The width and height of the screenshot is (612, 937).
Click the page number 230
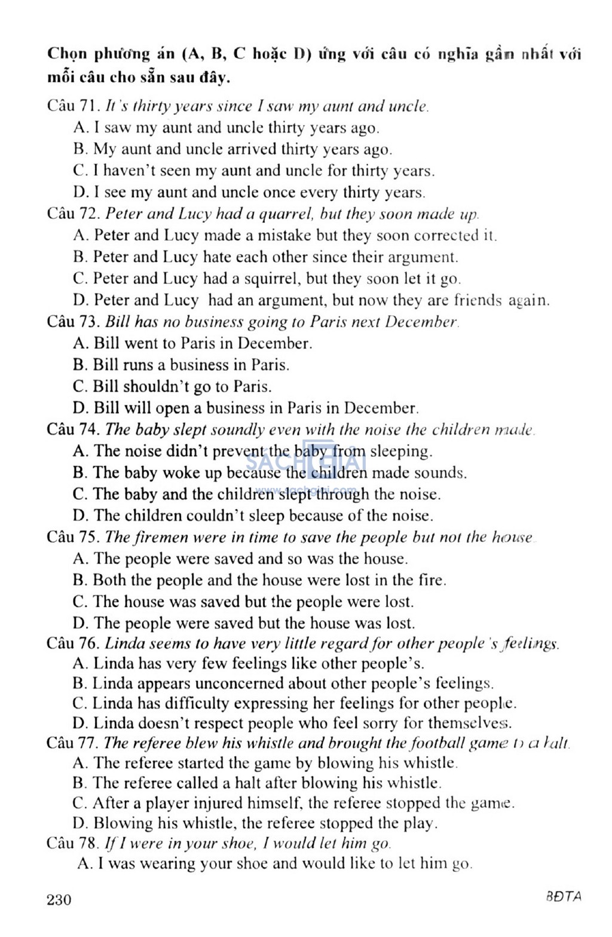[x=59, y=899]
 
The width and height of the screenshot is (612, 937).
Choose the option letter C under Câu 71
[x=80, y=171]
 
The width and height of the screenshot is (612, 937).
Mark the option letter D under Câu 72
[x=80, y=300]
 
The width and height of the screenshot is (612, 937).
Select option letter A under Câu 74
[x=80, y=451]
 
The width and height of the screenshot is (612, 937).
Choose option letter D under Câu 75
[x=80, y=623]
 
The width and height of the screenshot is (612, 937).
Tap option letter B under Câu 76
[x=80, y=683]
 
